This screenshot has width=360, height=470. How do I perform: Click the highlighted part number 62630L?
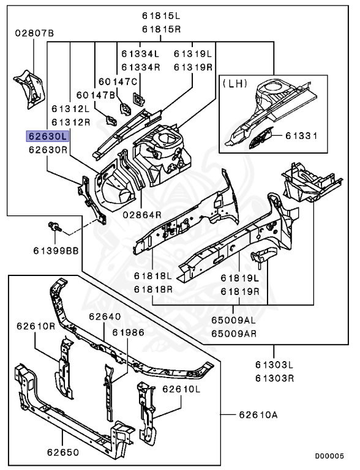pyautogui.click(x=48, y=136)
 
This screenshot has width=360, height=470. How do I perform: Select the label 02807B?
pyautogui.click(x=34, y=33)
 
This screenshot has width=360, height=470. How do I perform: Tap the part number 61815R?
pyautogui.click(x=162, y=29)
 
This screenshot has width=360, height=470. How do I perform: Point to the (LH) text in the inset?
pyautogui.click(x=234, y=83)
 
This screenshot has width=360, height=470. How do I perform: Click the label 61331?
pyautogui.click(x=301, y=136)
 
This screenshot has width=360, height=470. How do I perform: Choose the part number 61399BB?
pyautogui.click(x=56, y=250)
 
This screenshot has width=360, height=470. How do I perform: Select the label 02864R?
pyautogui.click(x=142, y=215)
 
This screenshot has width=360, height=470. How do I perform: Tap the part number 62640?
pyautogui.click(x=105, y=316)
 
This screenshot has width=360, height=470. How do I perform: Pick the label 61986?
pyautogui.click(x=129, y=332)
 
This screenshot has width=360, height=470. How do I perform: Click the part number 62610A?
pyautogui.click(x=258, y=415)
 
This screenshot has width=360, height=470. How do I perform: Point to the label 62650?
pyautogui.click(x=63, y=452)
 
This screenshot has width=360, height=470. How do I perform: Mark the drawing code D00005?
pyautogui.click(x=329, y=456)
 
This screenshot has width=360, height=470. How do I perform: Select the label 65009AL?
pyautogui.click(x=234, y=320)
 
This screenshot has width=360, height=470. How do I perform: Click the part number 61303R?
pyautogui.click(x=274, y=378)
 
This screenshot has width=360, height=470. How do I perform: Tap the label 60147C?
pyautogui.click(x=118, y=81)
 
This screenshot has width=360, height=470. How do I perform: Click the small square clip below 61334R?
pyautogui.click(x=138, y=99)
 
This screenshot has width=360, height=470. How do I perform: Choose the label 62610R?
pyautogui.click(x=36, y=326)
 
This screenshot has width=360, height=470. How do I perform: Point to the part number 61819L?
pyautogui.click(x=240, y=278)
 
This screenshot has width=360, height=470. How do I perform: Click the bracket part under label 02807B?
pyautogui.click(x=29, y=89)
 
